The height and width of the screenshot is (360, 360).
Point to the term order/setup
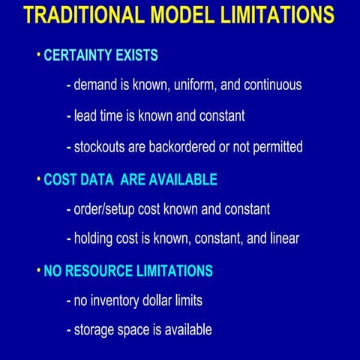tap(108, 209)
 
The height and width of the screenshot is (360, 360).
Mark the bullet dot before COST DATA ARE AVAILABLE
tap(38, 178)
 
